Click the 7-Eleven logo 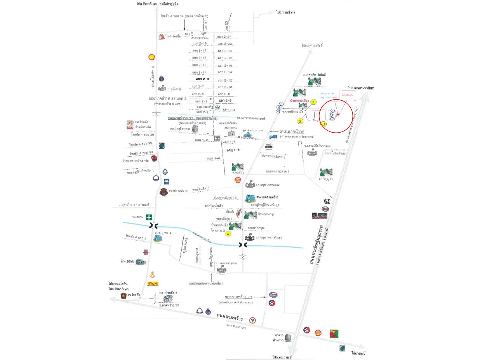coord(217,138)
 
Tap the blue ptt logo coord(273,137)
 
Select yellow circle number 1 coord(313,102)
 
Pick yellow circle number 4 coord(228,234)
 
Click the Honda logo coord(327,201)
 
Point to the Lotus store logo coord(320,216)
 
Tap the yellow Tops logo coord(153,283)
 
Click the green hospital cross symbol coord(149,217)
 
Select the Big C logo coord(334,333)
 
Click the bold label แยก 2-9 coord(202,79)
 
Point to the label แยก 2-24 coord(224,37)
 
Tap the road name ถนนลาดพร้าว coord(230,317)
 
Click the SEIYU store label coord(127,261)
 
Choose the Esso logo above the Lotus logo coord(325,209)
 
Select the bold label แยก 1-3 coord(233,150)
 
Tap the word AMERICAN coord(231,128)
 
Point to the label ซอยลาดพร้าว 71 coord(238,297)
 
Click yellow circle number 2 coord(300,121)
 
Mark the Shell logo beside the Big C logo coord(318,333)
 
